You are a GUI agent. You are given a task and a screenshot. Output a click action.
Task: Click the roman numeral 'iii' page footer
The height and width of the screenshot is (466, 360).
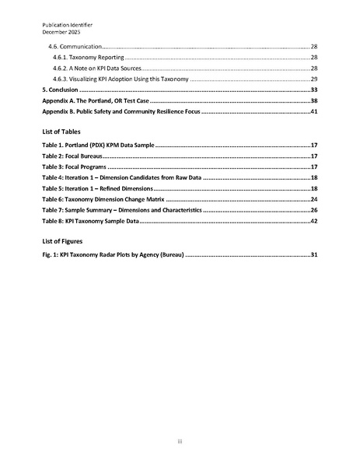click(180, 442)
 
